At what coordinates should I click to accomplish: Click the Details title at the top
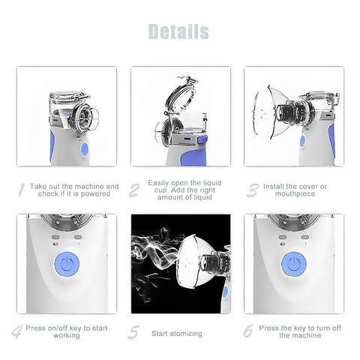[178, 31]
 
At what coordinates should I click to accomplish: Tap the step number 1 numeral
[22, 190]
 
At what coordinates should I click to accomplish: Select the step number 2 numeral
[134, 190]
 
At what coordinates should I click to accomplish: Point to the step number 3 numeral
[252, 190]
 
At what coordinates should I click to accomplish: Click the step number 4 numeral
[16, 331]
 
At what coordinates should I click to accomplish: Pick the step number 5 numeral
[134, 331]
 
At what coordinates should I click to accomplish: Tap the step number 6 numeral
[248, 331]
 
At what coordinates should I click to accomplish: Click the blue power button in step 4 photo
[67, 265]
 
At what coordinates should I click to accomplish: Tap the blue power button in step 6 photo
[293, 265]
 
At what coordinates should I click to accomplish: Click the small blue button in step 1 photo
[84, 150]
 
